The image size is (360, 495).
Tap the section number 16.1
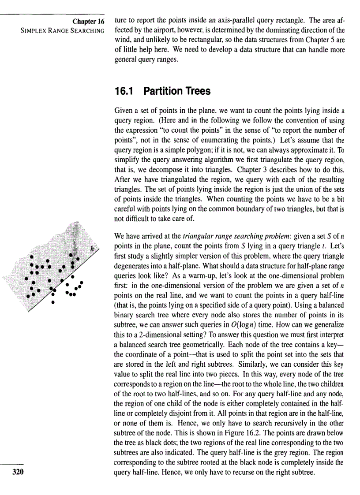124,91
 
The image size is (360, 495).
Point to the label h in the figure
92,249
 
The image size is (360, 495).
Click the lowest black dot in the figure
52,303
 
